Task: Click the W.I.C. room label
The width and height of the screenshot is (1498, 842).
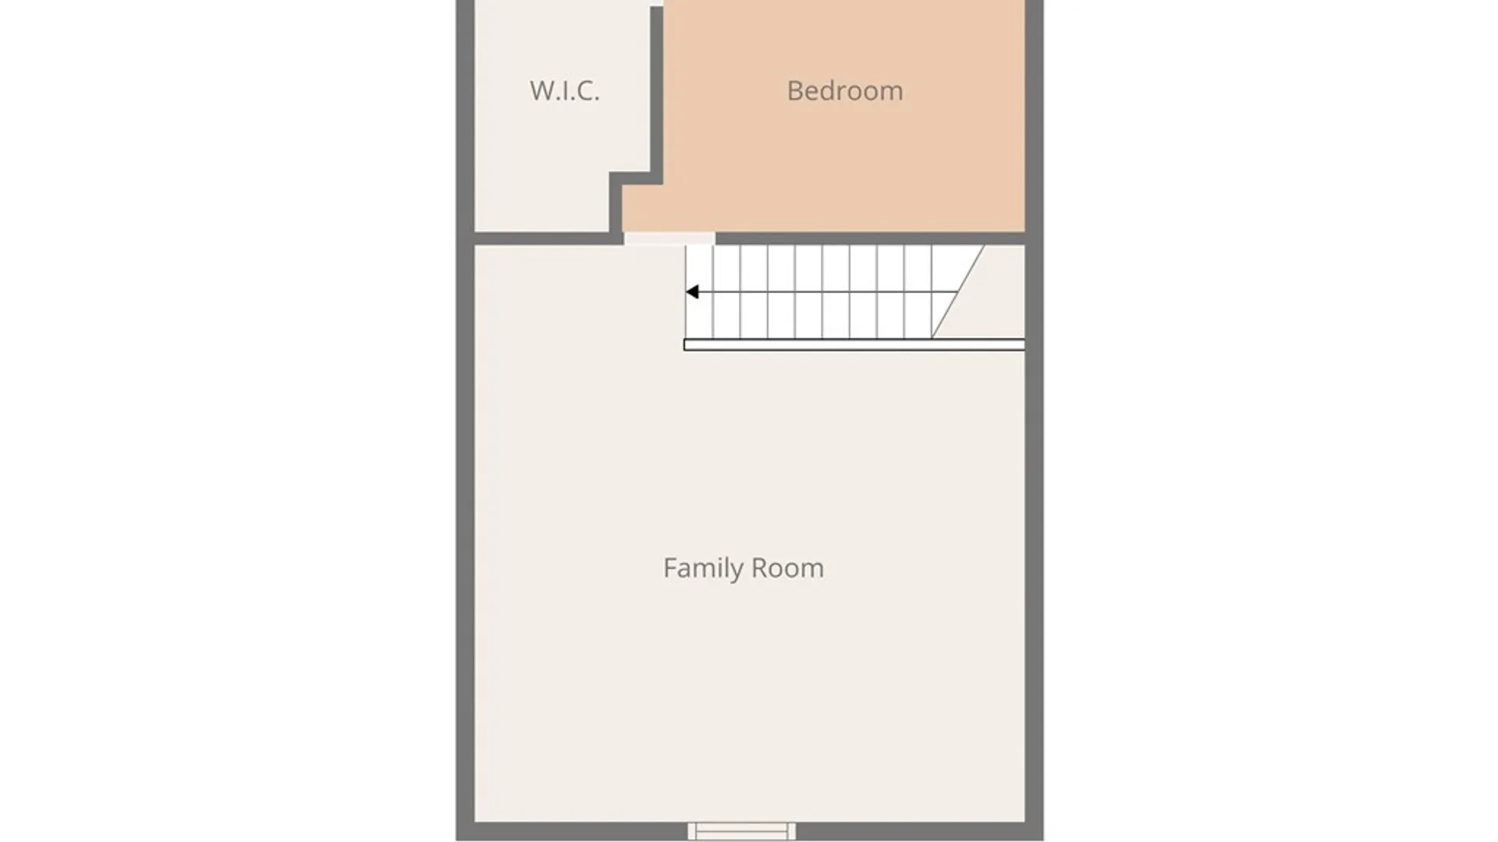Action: [565, 90]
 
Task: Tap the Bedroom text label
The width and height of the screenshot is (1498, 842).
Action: [845, 90]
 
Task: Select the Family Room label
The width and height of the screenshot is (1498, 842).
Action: [744, 568]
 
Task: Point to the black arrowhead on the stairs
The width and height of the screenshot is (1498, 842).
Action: [692, 292]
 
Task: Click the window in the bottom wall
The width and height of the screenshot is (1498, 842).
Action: [741, 831]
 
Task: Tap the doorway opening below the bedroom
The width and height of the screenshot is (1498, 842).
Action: [669, 239]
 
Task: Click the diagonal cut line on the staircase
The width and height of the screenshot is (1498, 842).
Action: [957, 292]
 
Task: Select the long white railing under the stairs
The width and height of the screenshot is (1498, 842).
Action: [854, 345]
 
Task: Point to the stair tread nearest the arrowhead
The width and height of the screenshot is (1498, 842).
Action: [699, 292]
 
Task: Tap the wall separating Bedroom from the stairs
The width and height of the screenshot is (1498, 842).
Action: [870, 239]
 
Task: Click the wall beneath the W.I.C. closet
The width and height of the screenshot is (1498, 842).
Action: [542, 239]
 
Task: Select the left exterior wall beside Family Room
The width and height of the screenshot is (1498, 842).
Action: [465, 534]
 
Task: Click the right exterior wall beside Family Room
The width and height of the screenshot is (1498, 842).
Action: [1035, 534]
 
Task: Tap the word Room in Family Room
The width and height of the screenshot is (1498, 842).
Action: [788, 568]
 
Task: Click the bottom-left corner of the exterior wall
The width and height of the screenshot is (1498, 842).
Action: [456, 840]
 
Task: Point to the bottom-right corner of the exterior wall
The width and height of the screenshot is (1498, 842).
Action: [1043, 840]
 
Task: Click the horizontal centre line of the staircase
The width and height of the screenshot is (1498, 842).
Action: [822, 292]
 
